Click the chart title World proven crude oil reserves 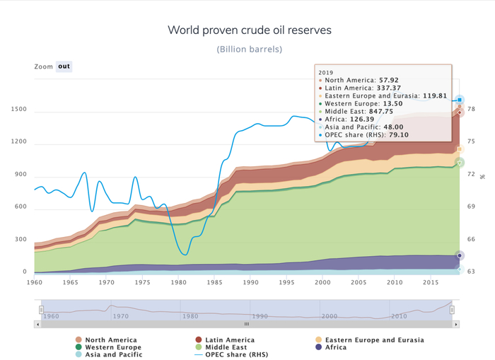249,30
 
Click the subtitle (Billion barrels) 249,49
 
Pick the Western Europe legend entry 113,347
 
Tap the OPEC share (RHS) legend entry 233,355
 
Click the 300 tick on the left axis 21,240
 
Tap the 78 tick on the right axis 471,109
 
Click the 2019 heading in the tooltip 326,72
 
